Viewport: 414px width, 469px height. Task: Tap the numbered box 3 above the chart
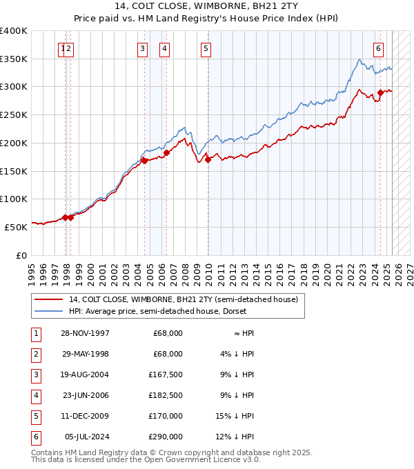(142, 48)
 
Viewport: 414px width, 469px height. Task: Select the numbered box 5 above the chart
(206, 48)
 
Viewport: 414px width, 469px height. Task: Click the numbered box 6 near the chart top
(379, 48)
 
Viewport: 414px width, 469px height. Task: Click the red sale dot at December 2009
(208, 160)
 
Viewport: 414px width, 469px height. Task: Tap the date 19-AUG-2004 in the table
(85, 375)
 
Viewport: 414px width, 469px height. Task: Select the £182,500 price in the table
(166, 395)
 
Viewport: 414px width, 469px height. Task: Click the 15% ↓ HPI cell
(235, 416)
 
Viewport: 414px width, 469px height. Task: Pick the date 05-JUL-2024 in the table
(85, 437)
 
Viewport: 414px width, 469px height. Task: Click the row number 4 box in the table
(34, 395)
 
